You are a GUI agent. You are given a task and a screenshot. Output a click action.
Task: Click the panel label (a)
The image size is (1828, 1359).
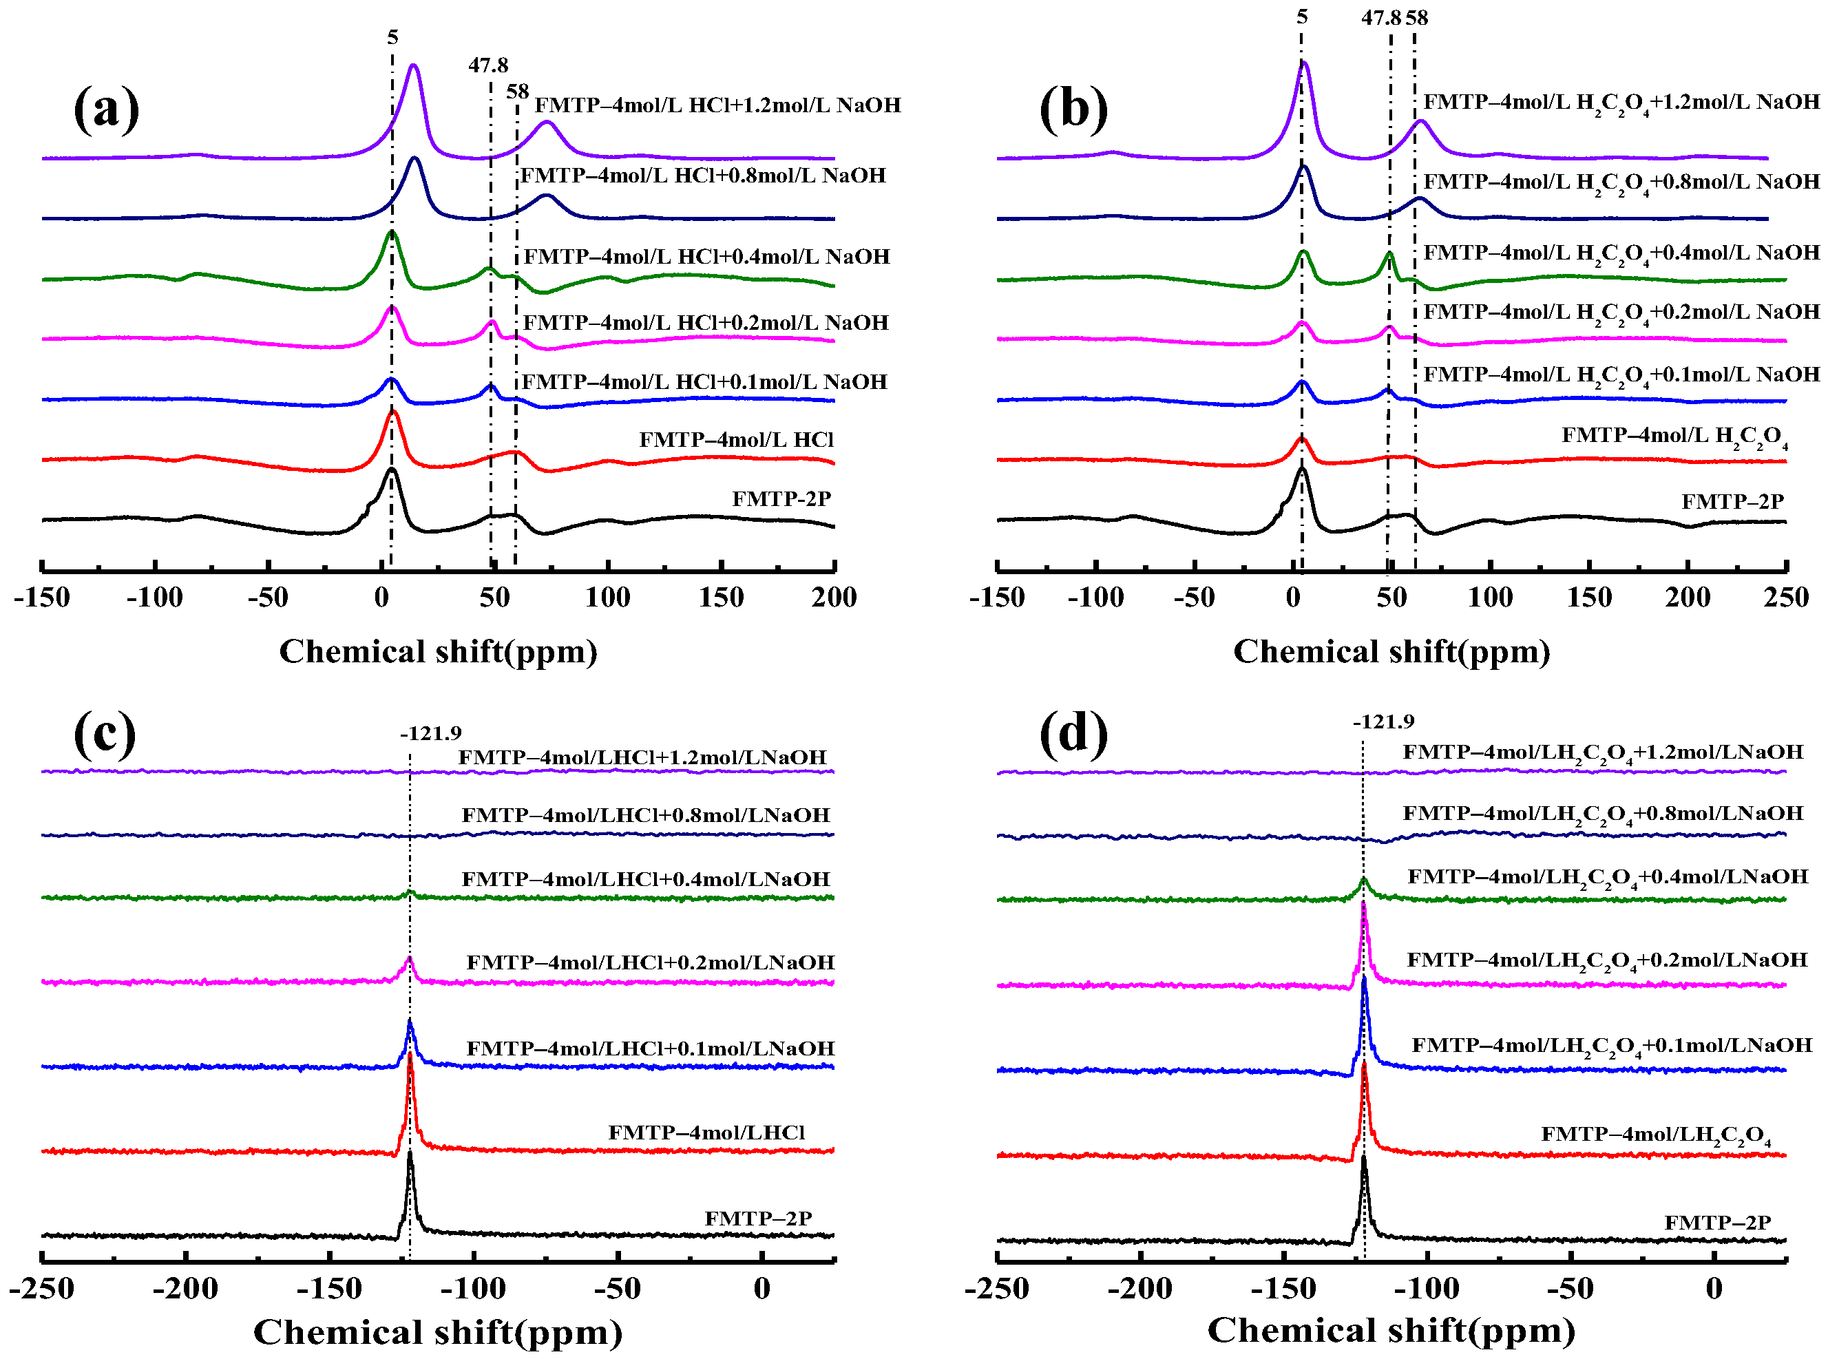(106, 108)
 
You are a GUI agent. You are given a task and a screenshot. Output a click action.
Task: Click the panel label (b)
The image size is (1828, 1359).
(1073, 108)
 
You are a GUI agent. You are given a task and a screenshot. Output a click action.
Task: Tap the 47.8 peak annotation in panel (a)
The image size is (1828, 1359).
(488, 65)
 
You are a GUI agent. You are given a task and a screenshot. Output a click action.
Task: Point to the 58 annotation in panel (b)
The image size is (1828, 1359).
(1417, 17)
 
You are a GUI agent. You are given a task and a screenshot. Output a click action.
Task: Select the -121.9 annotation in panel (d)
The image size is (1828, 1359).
(1383, 721)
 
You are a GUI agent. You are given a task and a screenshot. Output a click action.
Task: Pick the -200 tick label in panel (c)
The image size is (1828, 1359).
(185, 1287)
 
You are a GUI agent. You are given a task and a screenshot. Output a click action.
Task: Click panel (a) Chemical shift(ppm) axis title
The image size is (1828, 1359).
(438, 651)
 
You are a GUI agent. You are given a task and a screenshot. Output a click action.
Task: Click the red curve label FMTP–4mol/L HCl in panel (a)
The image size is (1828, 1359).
(735, 439)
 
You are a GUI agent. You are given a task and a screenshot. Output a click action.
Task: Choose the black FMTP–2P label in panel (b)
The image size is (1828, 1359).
(1732, 501)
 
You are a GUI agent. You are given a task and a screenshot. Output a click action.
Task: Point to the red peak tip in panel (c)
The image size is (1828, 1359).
(410, 1054)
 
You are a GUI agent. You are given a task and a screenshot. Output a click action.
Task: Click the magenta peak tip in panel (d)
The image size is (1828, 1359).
(1364, 903)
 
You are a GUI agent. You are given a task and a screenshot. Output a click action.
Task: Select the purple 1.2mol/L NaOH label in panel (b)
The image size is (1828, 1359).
(1621, 103)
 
